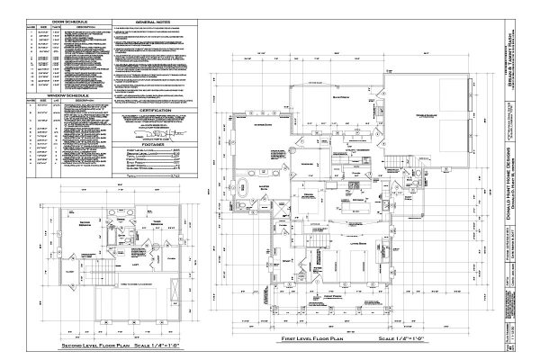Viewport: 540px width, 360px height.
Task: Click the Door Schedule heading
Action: pyautogui.click(x=67, y=18)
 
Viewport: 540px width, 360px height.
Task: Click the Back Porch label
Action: pyautogui.click(x=340, y=95)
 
